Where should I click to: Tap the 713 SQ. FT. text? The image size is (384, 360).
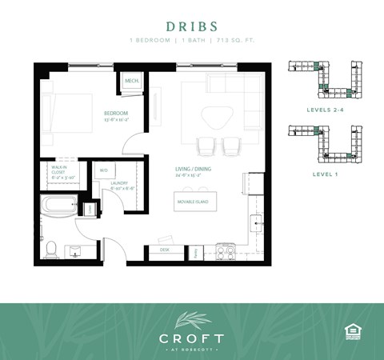coord(235,39)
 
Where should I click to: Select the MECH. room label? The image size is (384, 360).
coord(131,82)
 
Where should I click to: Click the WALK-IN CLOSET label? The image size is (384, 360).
coord(59,174)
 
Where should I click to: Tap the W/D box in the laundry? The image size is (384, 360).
coord(104,171)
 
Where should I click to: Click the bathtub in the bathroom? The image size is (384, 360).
coord(61,205)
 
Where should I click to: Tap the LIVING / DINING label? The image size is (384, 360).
coord(191,170)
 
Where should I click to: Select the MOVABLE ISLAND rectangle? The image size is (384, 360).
coord(193,202)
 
